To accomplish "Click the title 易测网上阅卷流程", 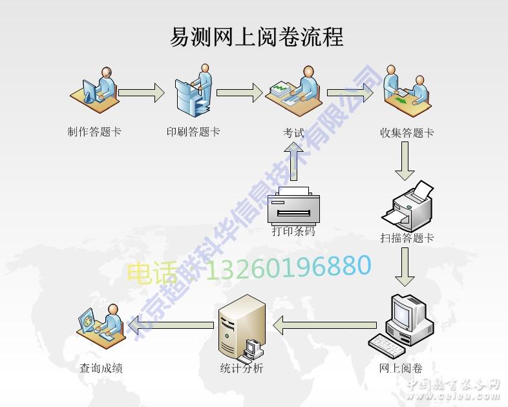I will (x=256, y=37).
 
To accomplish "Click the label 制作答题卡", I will (x=94, y=132).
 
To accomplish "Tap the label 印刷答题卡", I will (x=193, y=132).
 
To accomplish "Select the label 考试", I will (x=293, y=133).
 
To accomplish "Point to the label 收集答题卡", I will (x=407, y=133).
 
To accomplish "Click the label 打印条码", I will (x=293, y=231).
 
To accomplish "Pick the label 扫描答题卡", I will (x=407, y=238).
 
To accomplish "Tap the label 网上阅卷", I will (x=401, y=368).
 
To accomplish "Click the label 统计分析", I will (x=242, y=368).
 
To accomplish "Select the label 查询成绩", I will (x=101, y=368).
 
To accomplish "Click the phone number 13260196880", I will (x=288, y=267).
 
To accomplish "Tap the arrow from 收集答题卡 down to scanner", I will (x=405, y=161).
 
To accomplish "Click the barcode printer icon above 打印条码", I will (x=294, y=205).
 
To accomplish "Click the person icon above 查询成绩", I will (x=101, y=324).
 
